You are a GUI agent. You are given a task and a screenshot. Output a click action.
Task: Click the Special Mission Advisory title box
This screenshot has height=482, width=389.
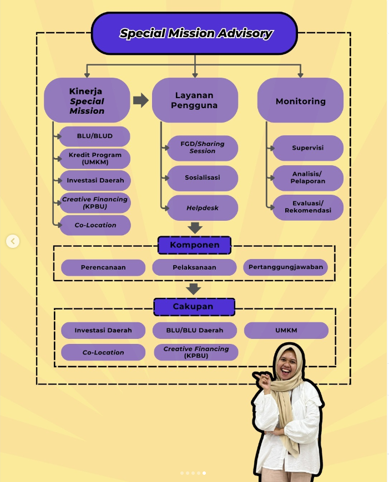[194, 33]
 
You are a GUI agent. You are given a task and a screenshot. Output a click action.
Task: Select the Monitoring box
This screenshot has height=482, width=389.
[300, 101]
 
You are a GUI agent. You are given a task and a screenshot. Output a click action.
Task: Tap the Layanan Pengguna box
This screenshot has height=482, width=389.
[194, 100]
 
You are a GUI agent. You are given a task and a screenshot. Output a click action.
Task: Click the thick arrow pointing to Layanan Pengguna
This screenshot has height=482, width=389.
[140, 100]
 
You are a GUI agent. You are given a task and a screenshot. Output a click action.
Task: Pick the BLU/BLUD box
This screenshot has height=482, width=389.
[94, 136]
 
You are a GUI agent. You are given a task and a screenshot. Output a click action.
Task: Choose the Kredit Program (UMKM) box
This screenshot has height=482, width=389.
[94, 158]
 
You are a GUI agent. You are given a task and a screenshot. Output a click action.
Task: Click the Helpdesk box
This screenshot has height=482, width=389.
[202, 208]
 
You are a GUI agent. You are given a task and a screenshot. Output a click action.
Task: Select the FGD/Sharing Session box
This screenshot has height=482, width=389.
[202, 148]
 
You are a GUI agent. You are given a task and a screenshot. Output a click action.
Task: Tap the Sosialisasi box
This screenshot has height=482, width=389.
[202, 177]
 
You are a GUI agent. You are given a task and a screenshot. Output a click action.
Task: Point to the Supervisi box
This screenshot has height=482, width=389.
[307, 148]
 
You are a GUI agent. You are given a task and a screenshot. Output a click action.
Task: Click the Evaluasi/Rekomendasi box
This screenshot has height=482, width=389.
[307, 207]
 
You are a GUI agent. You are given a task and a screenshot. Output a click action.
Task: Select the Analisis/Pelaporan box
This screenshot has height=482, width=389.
[307, 177]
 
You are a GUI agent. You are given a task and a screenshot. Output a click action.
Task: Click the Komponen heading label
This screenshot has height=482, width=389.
[194, 245]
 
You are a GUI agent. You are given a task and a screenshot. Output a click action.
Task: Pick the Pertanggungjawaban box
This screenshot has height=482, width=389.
[285, 267]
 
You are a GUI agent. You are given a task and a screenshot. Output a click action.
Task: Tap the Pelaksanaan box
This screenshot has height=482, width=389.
[194, 267]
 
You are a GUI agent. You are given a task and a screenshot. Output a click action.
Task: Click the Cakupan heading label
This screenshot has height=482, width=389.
[194, 307]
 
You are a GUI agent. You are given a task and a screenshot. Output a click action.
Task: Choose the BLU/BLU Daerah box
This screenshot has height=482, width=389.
[194, 331]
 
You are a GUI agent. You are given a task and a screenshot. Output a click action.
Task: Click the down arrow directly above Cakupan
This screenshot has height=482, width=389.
[193, 288]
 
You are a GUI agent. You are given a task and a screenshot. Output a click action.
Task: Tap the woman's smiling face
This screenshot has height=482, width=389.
[288, 367]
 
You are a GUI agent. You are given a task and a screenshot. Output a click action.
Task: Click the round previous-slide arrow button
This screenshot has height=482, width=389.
[13, 241]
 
